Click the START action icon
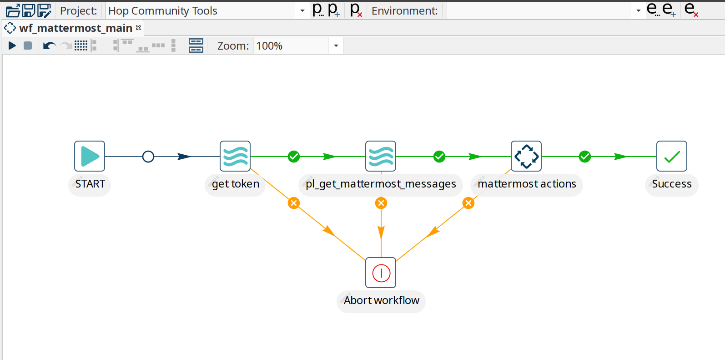tap(90, 156)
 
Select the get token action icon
tap(235, 156)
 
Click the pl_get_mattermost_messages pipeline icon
tap(381, 156)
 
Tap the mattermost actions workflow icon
tap(526, 156)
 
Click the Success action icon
tap(672, 156)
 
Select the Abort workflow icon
tap(381, 273)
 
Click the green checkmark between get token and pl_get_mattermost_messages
tap(294, 157)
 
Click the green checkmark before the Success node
tap(585, 157)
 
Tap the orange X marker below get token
tap(294, 203)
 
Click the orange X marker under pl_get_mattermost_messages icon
tap(381, 203)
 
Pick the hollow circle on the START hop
tap(148, 157)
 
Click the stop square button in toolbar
tap(28, 46)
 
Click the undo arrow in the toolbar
tap(49, 46)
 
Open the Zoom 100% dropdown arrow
tap(336, 46)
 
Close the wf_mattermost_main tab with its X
tap(138, 28)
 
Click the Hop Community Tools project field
tap(200, 10)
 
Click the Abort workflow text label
tap(381, 300)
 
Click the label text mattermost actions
tap(527, 184)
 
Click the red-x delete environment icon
tap(691, 10)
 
